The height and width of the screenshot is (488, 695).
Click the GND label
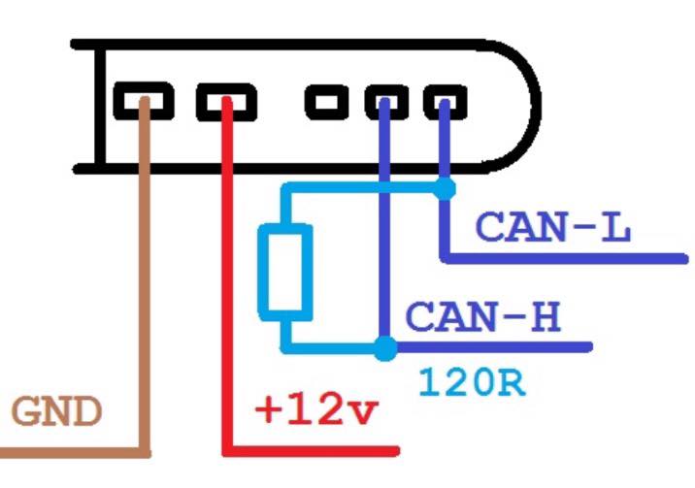(56, 412)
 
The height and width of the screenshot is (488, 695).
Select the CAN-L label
(553, 228)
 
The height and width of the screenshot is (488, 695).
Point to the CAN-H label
(482, 317)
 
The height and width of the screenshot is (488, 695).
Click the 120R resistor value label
(472, 381)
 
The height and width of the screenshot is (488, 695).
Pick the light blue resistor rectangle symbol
(284, 270)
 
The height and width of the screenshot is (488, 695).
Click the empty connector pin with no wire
(327, 100)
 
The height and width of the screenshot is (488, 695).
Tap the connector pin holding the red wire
(225, 100)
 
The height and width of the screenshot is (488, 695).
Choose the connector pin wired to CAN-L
(444, 100)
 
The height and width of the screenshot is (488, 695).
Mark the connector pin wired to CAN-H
(384, 100)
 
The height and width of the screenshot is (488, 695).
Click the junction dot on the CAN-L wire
(444, 188)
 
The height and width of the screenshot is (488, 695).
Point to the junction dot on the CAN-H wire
(385, 346)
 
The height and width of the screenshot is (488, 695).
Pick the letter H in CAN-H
(545, 317)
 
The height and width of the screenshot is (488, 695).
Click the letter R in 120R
(511, 381)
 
